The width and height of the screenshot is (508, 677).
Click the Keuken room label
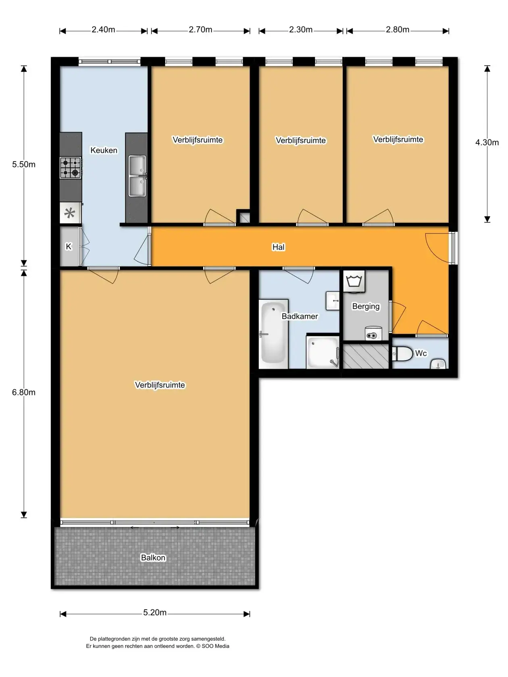click(104, 150)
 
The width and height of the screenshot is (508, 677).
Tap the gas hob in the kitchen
click(71, 168)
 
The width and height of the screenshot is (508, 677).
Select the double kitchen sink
click(137, 176)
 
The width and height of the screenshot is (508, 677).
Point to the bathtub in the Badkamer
click(273, 333)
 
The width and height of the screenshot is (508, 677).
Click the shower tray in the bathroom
click(323, 352)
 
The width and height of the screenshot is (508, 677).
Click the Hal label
click(278, 247)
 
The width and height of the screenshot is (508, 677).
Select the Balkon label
click(153, 558)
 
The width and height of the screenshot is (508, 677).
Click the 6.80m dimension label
click(24, 392)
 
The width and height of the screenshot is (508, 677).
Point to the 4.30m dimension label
click(487, 143)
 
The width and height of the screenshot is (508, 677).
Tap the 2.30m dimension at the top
click(301, 29)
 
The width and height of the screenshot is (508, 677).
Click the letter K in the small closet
click(69, 247)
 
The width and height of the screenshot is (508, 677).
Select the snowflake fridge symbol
click(70, 213)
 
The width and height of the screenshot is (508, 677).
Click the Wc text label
click(421, 353)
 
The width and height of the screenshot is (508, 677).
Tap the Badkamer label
click(300, 316)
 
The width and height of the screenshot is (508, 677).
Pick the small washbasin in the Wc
click(438, 364)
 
